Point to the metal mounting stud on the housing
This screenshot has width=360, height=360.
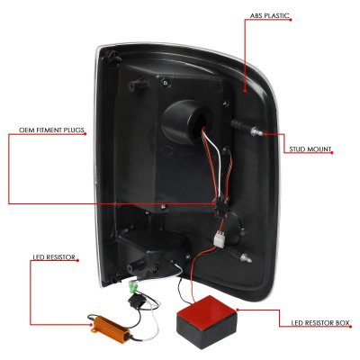click(x=259, y=131)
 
